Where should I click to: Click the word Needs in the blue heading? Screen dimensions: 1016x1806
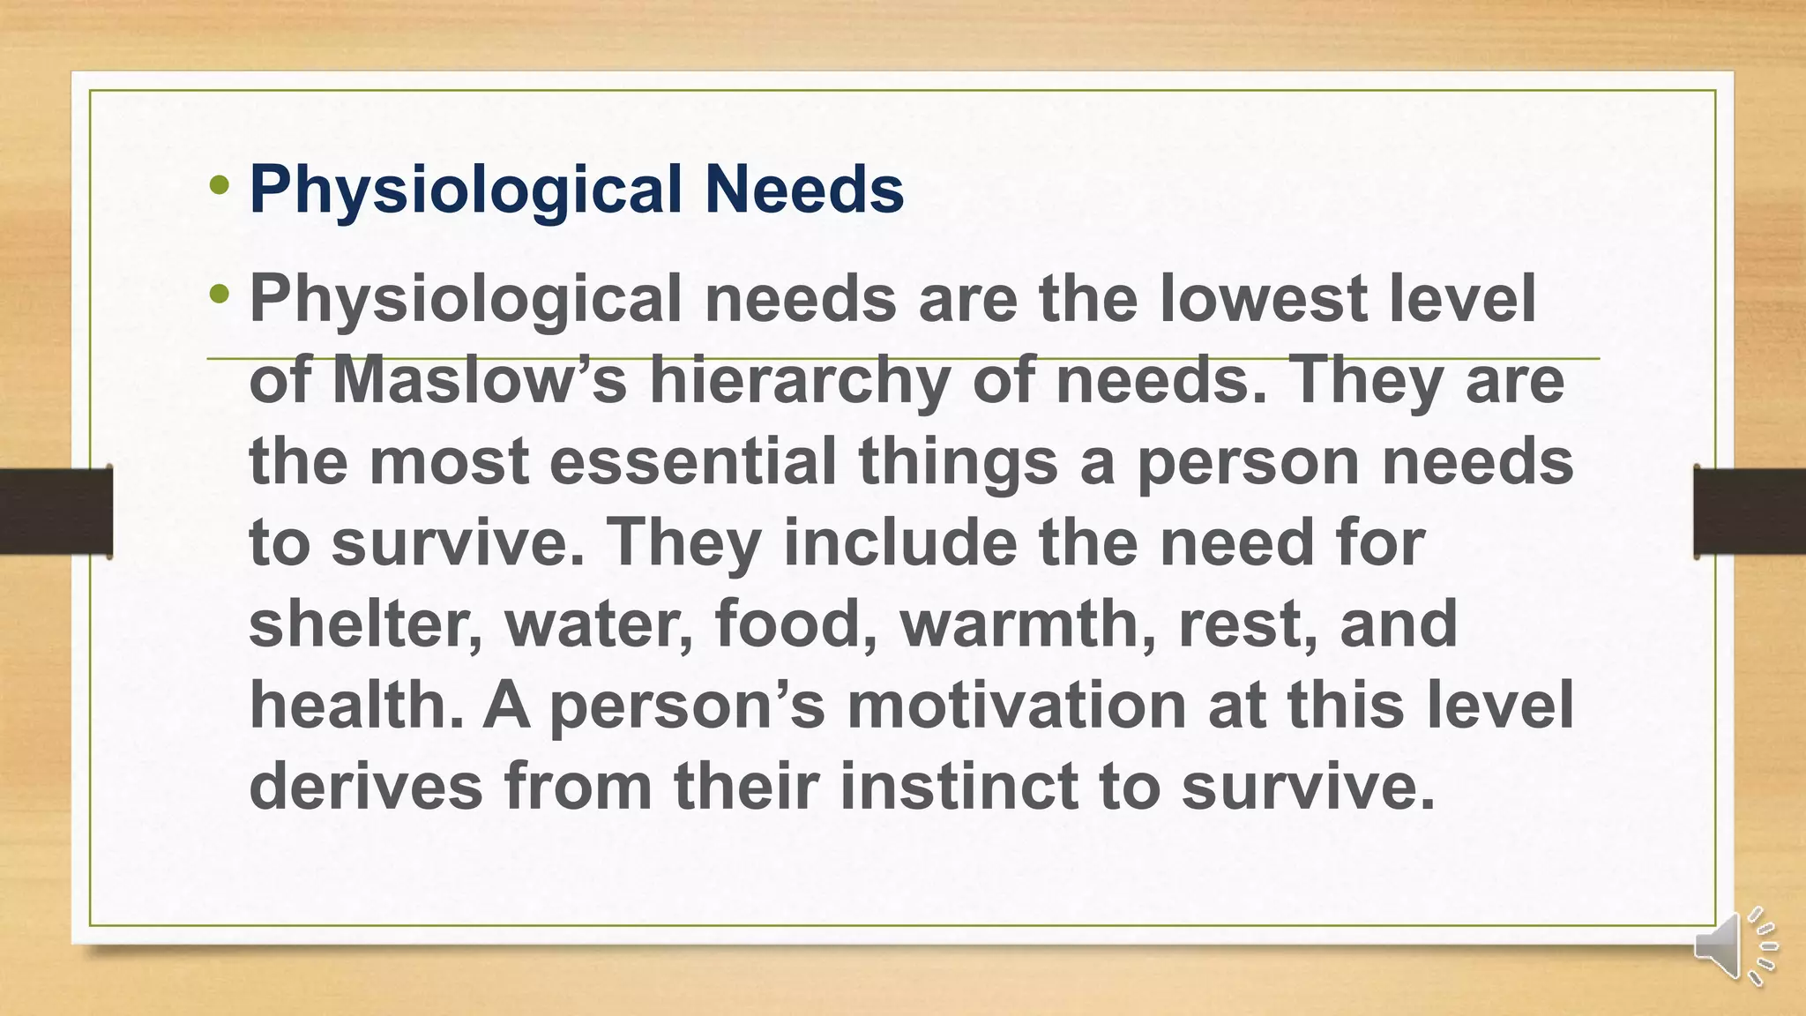(803, 189)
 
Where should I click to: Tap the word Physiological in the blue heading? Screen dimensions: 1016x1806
(466, 190)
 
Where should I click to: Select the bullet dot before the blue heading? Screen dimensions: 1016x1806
(220, 185)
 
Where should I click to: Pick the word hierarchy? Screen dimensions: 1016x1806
(800, 382)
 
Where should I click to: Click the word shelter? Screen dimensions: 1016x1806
(365, 624)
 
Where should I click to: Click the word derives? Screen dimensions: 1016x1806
(365, 786)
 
